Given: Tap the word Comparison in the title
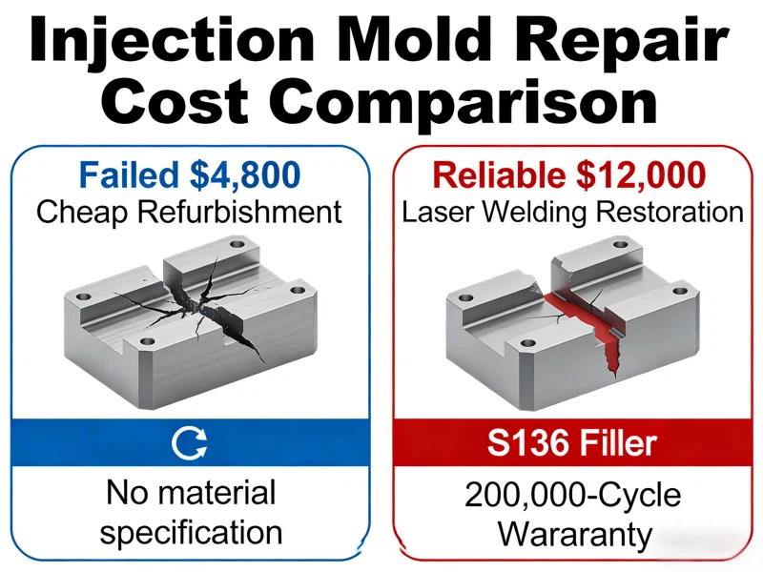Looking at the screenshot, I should pos(454,102).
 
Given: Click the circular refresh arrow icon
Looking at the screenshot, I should pos(190,441).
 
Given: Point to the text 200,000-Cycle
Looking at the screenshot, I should pos(572,495).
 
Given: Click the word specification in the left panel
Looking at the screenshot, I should pos(191,532).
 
